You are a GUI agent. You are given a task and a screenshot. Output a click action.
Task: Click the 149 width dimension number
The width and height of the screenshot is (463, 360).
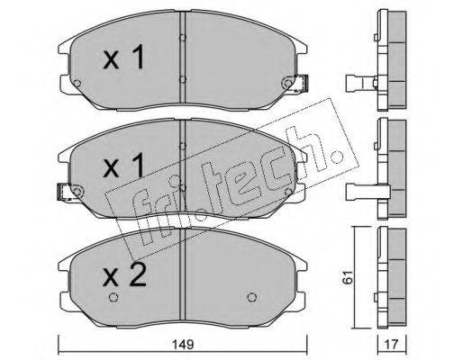pos(183,345)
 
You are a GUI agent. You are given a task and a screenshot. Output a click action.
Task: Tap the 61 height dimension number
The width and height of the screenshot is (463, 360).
pos(348,277)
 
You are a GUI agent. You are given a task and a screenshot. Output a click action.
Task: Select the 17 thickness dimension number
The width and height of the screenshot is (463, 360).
pos(392,345)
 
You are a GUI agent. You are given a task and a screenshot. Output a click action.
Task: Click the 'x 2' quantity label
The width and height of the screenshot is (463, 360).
pos(124,274)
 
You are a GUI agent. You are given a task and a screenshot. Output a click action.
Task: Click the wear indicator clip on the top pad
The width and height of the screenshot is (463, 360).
pos(302,83)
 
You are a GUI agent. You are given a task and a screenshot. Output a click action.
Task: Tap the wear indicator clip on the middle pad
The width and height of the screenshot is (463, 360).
pos(64,192)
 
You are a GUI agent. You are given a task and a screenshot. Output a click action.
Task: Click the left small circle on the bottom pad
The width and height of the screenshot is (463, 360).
pos(113,297)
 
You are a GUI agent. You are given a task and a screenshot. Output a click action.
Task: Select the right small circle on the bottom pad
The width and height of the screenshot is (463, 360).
pos(252,297)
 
